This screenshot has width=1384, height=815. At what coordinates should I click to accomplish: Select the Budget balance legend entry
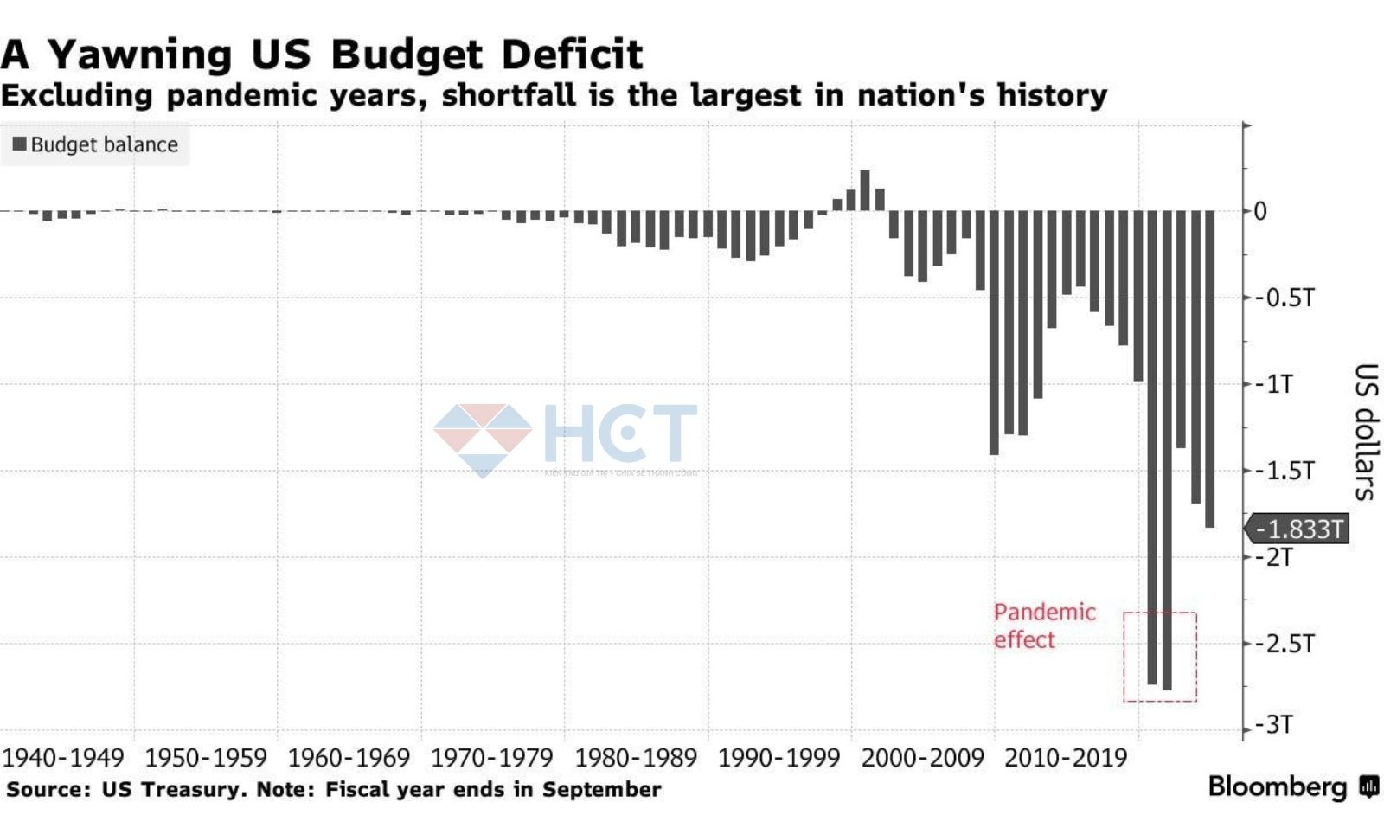(95, 144)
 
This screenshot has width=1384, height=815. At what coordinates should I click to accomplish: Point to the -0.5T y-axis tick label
(1284, 298)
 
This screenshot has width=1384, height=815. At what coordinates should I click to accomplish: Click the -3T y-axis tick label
(1276, 724)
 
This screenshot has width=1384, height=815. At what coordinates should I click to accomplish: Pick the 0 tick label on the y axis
(1260, 211)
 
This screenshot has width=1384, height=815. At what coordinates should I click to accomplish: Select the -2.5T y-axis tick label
(1284, 644)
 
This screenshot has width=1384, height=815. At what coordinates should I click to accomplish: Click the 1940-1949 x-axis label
(63, 758)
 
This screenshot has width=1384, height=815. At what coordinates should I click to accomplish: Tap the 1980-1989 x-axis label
(636, 758)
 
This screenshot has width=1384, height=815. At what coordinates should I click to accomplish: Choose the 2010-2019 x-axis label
(1066, 758)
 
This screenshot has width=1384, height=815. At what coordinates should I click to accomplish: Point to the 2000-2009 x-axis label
(923, 758)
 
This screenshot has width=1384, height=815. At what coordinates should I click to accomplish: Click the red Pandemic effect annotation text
(1043, 626)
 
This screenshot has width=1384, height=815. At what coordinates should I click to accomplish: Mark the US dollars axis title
(1364, 432)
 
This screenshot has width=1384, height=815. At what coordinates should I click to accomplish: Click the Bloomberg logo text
(1278, 786)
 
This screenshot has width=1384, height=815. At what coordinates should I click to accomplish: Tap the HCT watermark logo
(566, 437)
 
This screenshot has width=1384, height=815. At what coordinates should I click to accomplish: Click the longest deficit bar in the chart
(1167, 450)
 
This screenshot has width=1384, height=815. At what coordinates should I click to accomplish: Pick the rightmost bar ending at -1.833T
(1209, 369)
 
